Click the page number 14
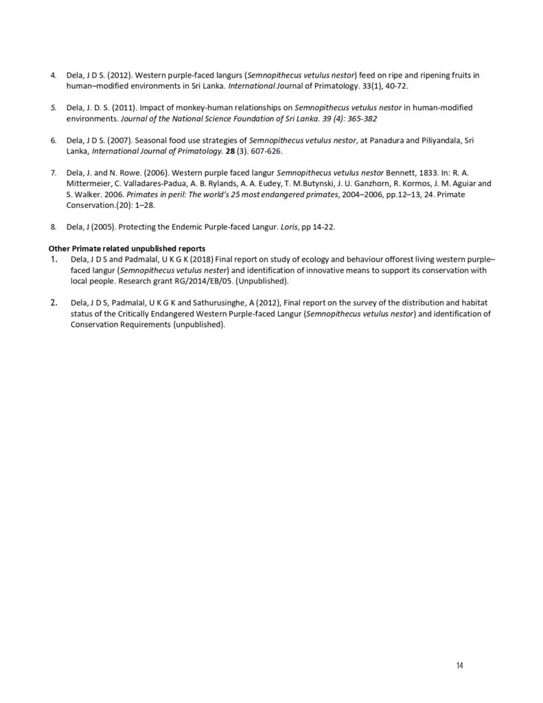(459, 665)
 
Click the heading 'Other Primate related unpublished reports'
(127, 248)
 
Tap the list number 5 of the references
(53, 108)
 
